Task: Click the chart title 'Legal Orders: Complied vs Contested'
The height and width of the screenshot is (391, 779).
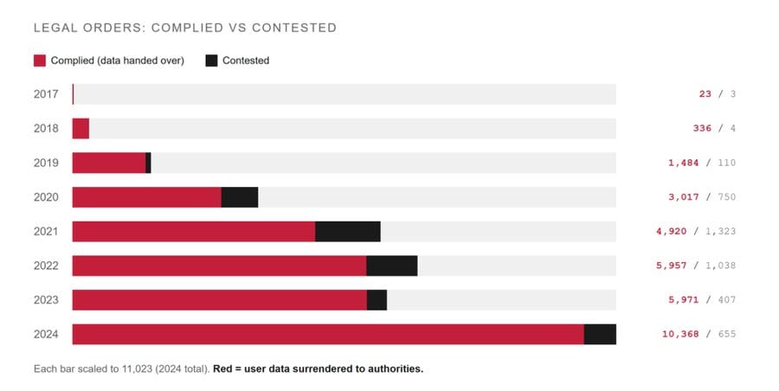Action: pyautogui.click(x=184, y=28)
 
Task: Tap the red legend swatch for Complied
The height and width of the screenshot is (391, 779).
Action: pyautogui.click(x=39, y=61)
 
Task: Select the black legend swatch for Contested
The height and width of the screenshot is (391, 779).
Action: pyautogui.click(x=211, y=61)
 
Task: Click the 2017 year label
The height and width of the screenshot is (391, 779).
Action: pyautogui.click(x=46, y=94)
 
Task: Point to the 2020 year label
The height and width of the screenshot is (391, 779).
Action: pyautogui.click(x=46, y=197)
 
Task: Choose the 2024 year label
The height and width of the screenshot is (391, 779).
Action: pyautogui.click(x=46, y=335)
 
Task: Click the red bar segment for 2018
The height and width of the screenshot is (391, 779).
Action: pyautogui.click(x=80, y=129)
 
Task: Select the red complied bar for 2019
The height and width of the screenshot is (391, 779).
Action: pyautogui.click(x=108, y=163)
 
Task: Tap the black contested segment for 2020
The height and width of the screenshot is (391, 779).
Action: pyautogui.click(x=240, y=197)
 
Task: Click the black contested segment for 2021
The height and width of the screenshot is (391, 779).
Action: pyautogui.click(x=348, y=232)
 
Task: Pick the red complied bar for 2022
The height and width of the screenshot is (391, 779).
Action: pyautogui.click(x=219, y=266)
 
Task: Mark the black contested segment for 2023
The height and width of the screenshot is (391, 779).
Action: pyautogui.click(x=377, y=300)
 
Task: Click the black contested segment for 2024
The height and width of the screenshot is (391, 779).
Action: pyautogui.click(x=600, y=335)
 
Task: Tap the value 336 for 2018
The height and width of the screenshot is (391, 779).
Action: pyautogui.click(x=702, y=129)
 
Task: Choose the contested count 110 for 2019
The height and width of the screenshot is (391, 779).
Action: pyautogui.click(x=726, y=163)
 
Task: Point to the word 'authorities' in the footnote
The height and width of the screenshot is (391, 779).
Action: pyautogui.click(x=395, y=369)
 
